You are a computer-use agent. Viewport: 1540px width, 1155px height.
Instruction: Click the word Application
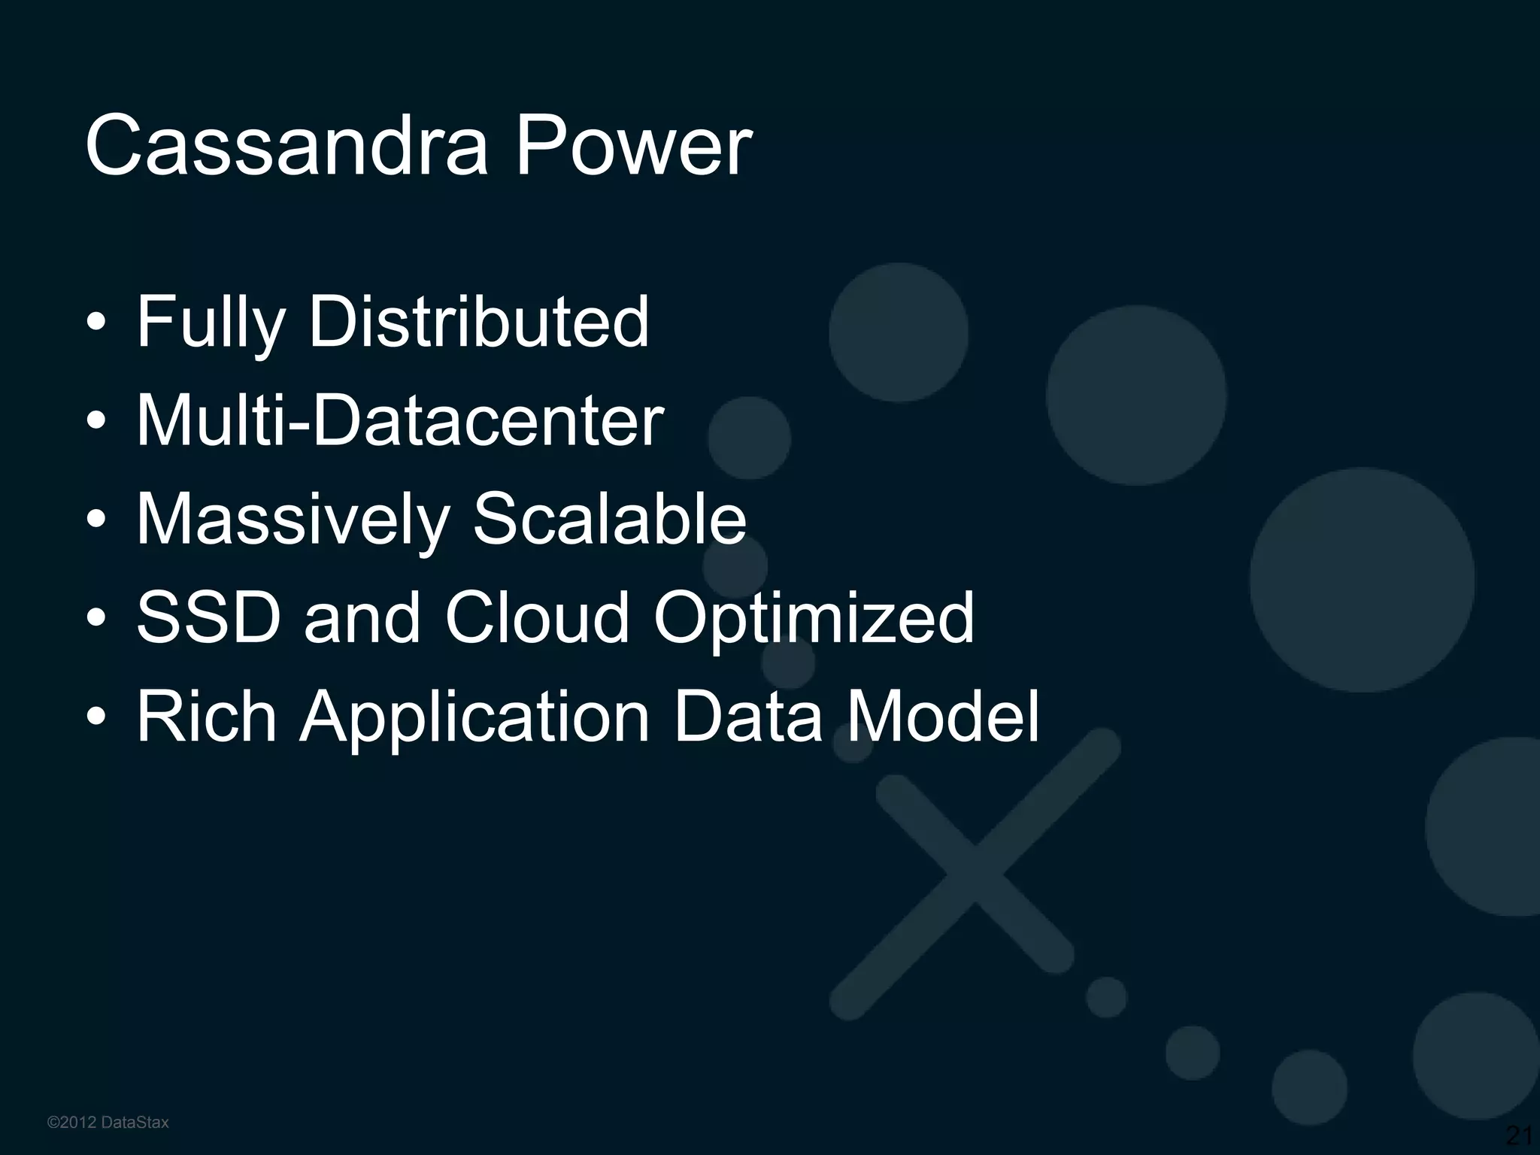474,717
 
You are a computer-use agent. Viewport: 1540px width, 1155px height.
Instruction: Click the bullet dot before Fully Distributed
96,324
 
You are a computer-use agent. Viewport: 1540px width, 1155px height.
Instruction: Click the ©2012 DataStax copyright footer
108,1123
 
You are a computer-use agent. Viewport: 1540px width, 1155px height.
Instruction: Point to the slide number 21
1519,1135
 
